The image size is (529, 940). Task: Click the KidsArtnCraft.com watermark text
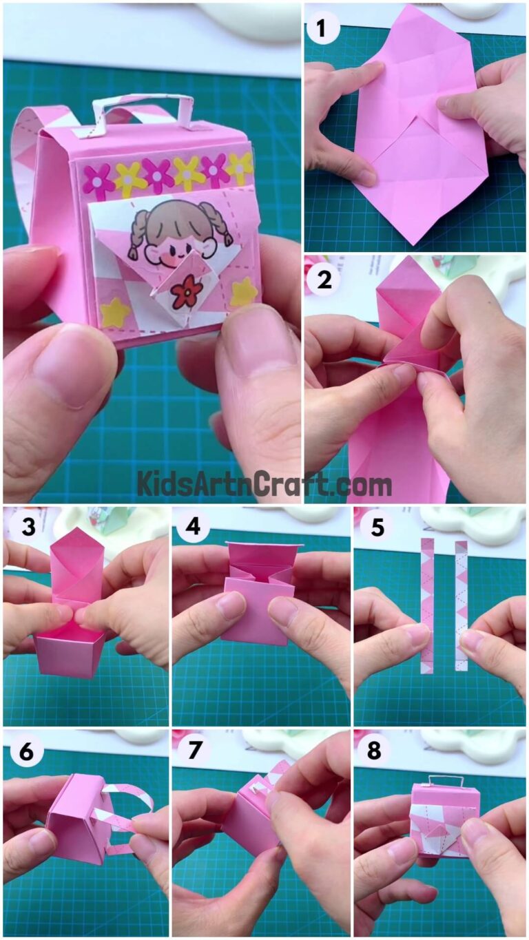(264, 483)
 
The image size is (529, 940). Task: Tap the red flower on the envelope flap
(187, 291)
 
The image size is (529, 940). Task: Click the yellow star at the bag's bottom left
(115, 312)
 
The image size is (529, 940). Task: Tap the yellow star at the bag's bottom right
(243, 292)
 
